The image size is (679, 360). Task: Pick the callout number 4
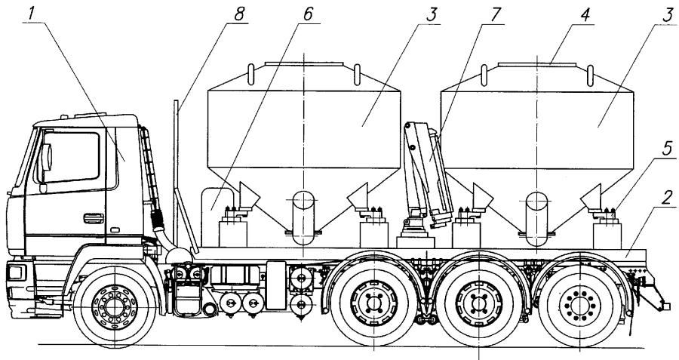coord(585,15)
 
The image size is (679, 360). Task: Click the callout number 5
coord(668,149)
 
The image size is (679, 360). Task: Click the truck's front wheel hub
coord(115,306)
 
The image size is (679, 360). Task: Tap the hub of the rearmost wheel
coord(579,306)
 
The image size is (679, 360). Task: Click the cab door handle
coord(94,218)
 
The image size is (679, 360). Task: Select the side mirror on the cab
coord(45,158)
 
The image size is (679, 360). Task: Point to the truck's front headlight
coord(17,272)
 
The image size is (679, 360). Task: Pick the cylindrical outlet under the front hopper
coord(303,218)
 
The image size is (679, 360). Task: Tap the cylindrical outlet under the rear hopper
coord(536,218)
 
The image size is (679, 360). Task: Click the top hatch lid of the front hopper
coord(305,64)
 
